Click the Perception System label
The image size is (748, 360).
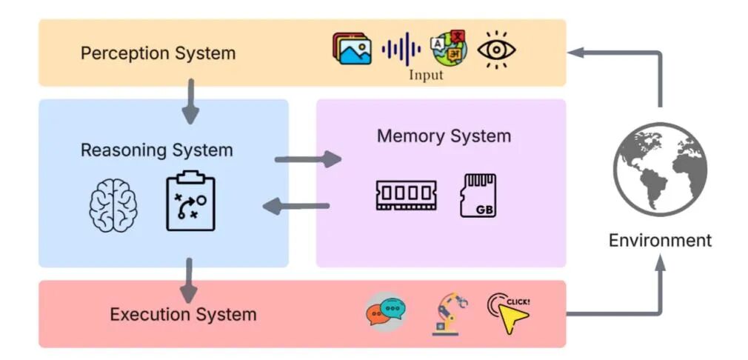[x=158, y=53]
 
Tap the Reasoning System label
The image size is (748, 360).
[x=157, y=150]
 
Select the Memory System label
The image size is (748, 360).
[x=444, y=136]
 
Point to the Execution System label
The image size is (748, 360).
[x=183, y=315]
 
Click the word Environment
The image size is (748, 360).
[x=660, y=240]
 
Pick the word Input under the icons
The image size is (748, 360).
[x=426, y=75]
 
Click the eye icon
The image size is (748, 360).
[x=497, y=50]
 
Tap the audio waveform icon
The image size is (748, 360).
[x=401, y=49]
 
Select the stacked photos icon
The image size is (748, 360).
[x=352, y=48]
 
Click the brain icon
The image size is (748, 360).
[x=113, y=205]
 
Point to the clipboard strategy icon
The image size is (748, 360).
[x=190, y=201]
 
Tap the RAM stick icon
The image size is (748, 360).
[x=406, y=195]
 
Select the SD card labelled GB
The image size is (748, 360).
[x=478, y=196]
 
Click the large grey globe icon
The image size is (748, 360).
[x=660, y=170]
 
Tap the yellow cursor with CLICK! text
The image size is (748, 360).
[x=509, y=313]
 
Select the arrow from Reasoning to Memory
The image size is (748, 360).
[x=308, y=159]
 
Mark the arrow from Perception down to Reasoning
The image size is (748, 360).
[x=190, y=101]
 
